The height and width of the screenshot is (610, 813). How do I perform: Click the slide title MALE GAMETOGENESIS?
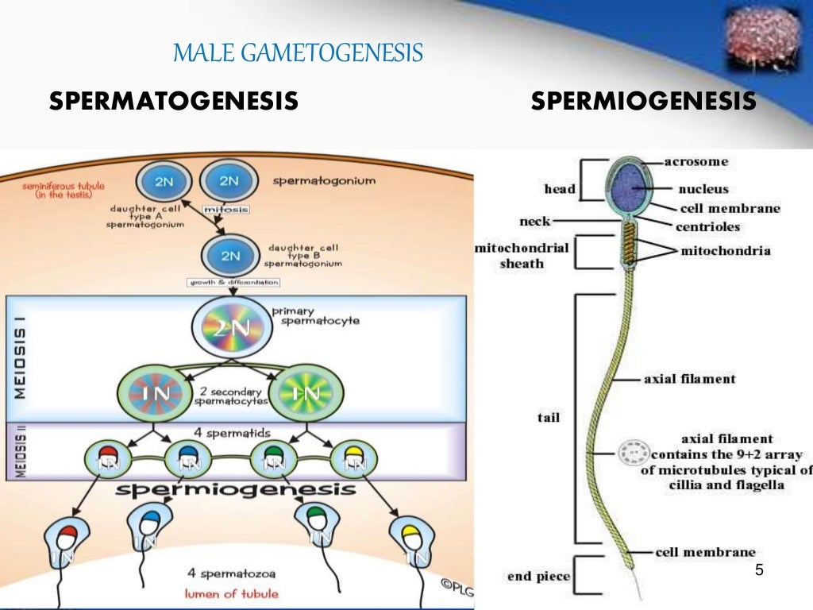[x=298, y=54]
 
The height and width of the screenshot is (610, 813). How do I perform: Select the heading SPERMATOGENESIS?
[x=173, y=101]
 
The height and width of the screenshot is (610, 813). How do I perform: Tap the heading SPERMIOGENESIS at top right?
[x=643, y=101]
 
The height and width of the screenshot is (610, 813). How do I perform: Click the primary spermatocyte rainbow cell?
[x=229, y=326]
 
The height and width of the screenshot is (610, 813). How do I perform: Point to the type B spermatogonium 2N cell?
[x=229, y=255]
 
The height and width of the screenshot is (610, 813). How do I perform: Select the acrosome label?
[x=695, y=162]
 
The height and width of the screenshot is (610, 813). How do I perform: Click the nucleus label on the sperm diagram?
[x=703, y=190]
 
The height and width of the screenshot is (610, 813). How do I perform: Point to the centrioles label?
[x=707, y=227]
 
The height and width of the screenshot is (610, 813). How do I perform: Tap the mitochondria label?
[x=725, y=251]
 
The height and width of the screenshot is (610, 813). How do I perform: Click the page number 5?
[x=759, y=571]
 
